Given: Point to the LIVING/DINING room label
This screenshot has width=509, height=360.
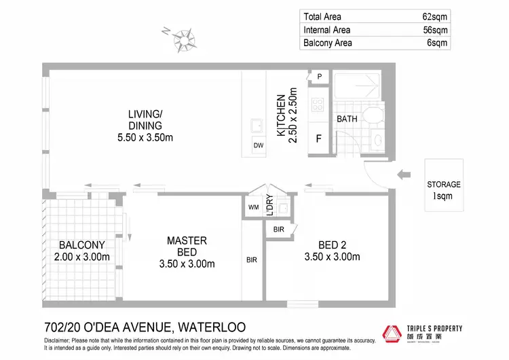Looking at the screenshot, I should point(145,120).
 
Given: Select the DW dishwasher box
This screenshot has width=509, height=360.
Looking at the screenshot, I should point(258,145).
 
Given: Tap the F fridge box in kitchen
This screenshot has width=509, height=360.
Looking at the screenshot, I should point(318,140).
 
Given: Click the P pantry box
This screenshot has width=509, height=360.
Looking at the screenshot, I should point(318,77).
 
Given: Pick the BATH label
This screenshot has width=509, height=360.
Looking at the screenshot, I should point(347,119).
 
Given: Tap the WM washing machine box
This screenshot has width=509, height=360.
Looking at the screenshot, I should point(253,206).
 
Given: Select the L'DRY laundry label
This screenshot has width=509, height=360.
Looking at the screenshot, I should point(269,202).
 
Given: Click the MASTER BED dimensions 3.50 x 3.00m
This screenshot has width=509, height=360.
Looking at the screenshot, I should point(187,264).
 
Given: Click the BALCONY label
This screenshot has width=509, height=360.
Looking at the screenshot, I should point(81,245).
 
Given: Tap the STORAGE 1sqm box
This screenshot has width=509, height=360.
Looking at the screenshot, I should point(444,190).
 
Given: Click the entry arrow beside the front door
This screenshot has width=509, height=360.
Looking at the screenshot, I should point(404,175).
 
